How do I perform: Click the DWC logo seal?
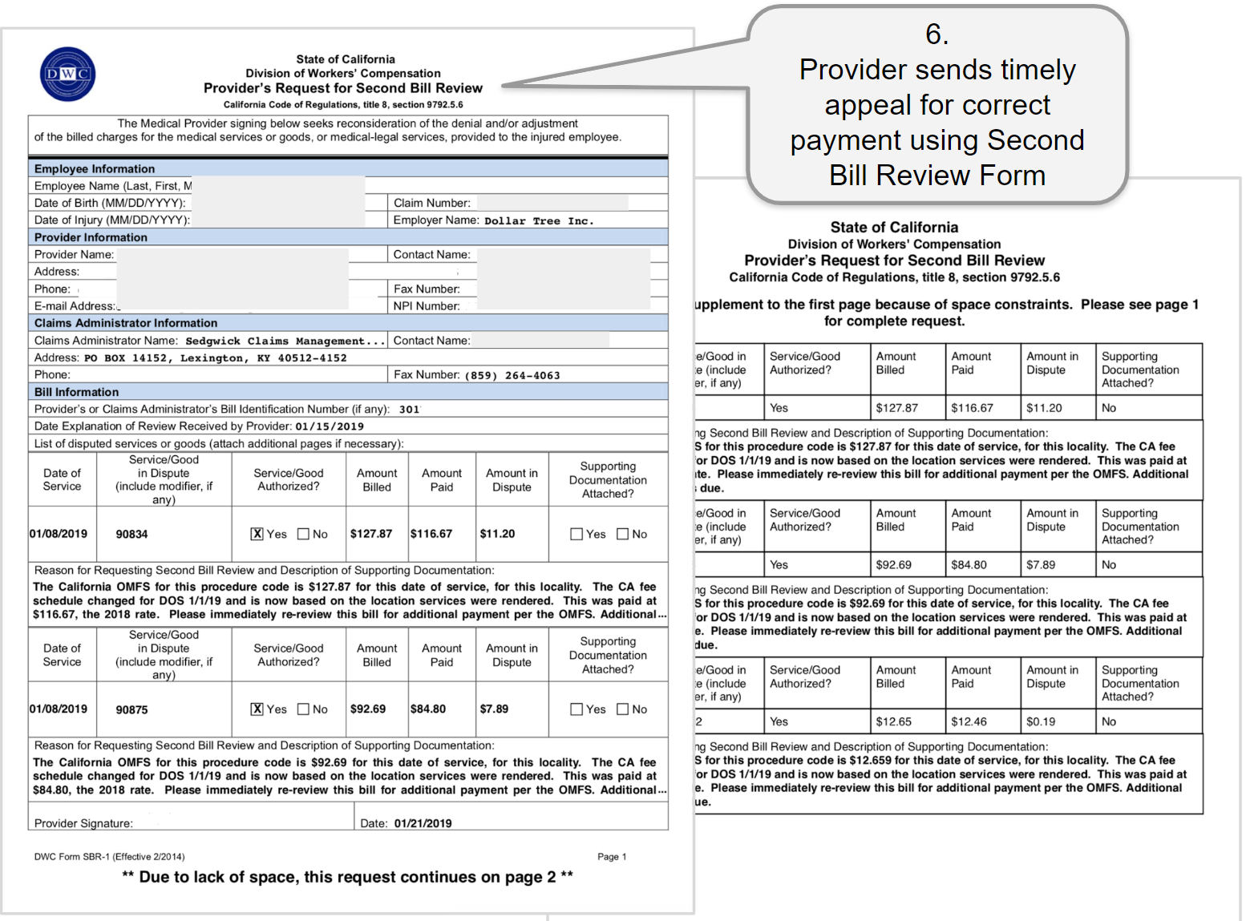(x=68, y=75)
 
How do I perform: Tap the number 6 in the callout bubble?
(x=937, y=34)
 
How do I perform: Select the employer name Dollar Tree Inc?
(x=539, y=221)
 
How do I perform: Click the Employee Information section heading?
(x=95, y=169)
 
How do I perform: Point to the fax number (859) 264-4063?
(x=512, y=375)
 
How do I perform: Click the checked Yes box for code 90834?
(x=257, y=534)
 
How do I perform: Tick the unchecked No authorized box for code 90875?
(x=304, y=709)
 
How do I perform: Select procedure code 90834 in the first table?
(x=131, y=535)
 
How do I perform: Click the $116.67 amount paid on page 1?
(x=431, y=534)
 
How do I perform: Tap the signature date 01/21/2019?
(x=423, y=823)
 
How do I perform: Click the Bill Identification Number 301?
(x=409, y=410)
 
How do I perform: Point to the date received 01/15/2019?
(x=330, y=426)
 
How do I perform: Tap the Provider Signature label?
(x=83, y=823)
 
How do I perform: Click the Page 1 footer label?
(x=612, y=857)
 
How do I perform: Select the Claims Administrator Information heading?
(x=126, y=323)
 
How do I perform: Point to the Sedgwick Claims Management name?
(x=275, y=341)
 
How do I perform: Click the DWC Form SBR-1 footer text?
(x=109, y=857)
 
